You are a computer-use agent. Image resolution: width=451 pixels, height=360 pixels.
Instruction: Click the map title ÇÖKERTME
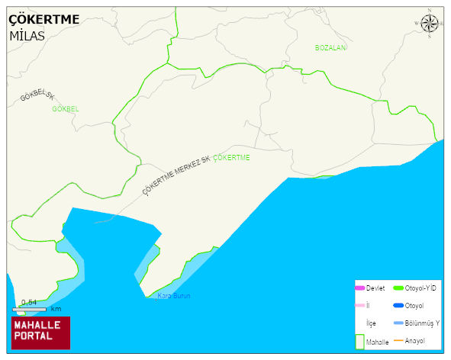pyautogui.click(x=44, y=19)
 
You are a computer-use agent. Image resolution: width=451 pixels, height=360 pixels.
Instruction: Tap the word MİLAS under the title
pyautogui.click(x=27, y=35)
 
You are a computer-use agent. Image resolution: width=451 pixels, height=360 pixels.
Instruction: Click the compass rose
pyautogui.click(x=430, y=24)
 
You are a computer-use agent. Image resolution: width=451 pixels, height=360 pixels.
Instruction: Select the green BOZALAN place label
pyautogui.click(x=330, y=47)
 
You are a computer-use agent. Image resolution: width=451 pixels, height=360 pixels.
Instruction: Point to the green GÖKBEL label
pyautogui.click(x=65, y=109)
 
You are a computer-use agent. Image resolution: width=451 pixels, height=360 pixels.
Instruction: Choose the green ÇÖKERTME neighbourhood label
pyautogui.click(x=232, y=157)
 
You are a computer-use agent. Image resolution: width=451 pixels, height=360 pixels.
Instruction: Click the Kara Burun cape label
pyautogui.click(x=173, y=296)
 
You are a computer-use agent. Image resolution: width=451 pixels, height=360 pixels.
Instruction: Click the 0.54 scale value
pyautogui.click(x=29, y=302)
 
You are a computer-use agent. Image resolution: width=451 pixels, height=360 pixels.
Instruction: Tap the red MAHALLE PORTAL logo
pyautogui.click(x=40, y=332)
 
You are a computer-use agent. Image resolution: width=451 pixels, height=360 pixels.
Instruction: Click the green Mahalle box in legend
pyautogui.click(x=360, y=342)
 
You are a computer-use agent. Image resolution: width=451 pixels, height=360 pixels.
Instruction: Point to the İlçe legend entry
pyautogui.click(x=371, y=323)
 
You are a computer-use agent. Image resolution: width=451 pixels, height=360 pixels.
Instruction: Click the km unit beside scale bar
pyautogui.click(x=55, y=309)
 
